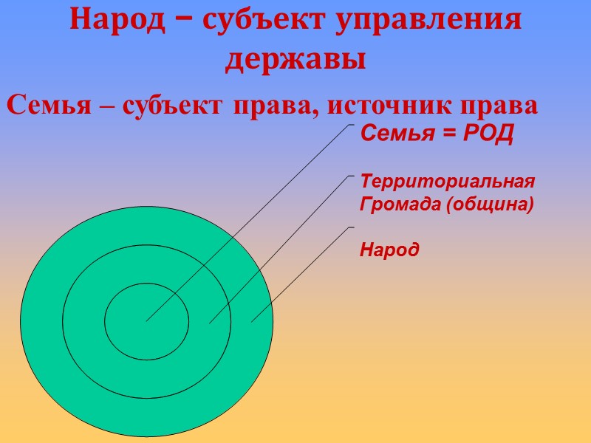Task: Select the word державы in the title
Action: click(295, 59)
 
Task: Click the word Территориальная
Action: click(446, 182)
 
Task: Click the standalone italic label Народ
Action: click(389, 250)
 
